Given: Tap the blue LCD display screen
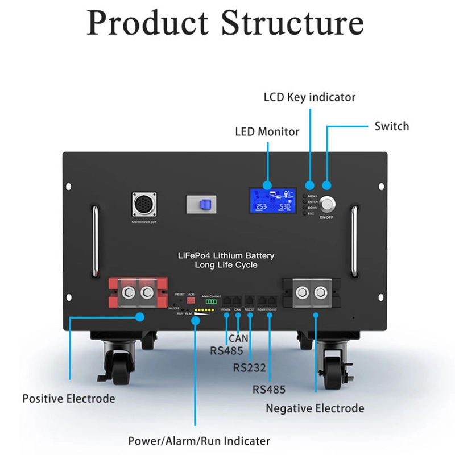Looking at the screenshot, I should coord(272,201).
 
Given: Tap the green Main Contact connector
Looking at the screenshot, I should coord(212,301).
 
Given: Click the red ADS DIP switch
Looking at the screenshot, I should coord(191,299).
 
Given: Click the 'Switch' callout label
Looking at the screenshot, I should coord(391,126).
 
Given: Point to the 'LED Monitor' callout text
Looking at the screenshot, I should coord(267,131).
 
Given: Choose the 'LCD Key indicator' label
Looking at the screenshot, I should coord(309,97).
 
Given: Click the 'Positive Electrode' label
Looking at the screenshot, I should coord(68,398).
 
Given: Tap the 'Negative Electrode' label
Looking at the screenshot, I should coord(315,408).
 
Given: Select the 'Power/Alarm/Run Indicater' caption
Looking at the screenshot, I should coord(198,441).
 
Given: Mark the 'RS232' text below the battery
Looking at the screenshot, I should coord(249,367).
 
